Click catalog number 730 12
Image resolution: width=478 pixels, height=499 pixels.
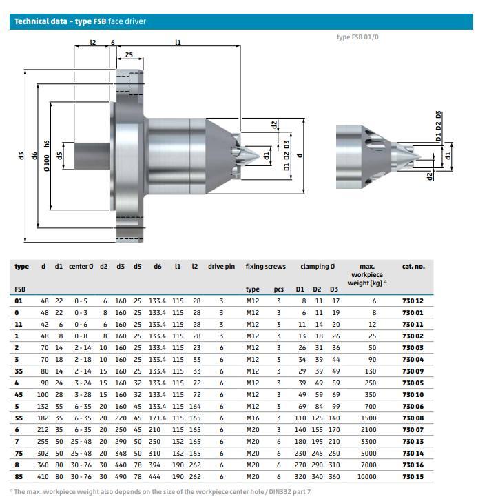(413, 301)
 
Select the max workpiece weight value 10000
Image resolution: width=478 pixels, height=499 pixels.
(366, 476)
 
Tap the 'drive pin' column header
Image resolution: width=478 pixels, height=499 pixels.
(221, 267)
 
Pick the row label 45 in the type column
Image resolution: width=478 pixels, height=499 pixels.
(19, 395)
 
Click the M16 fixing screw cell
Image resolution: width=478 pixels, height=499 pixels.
(253, 418)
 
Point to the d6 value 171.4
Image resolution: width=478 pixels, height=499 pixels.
(157, 418)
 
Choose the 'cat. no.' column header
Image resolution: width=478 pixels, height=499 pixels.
(413, 267)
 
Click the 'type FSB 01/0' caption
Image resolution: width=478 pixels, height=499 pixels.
(357, 37)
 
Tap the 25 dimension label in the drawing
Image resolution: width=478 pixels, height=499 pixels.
(129, 54)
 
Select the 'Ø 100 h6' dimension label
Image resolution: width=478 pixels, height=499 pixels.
(47, 156)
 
